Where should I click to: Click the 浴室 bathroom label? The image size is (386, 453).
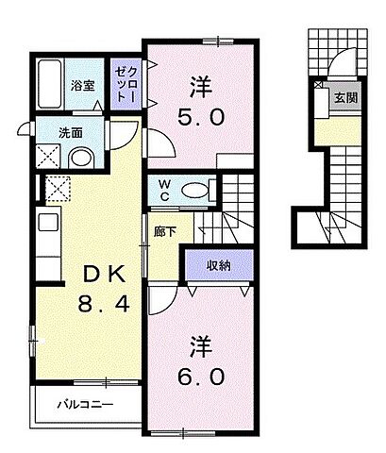[x=82, y=85]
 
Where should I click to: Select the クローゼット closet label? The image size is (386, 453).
[x=126, y=78]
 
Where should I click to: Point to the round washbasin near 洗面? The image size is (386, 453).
[x=81, y=156]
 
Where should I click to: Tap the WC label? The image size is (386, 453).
[x=164, y=189]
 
